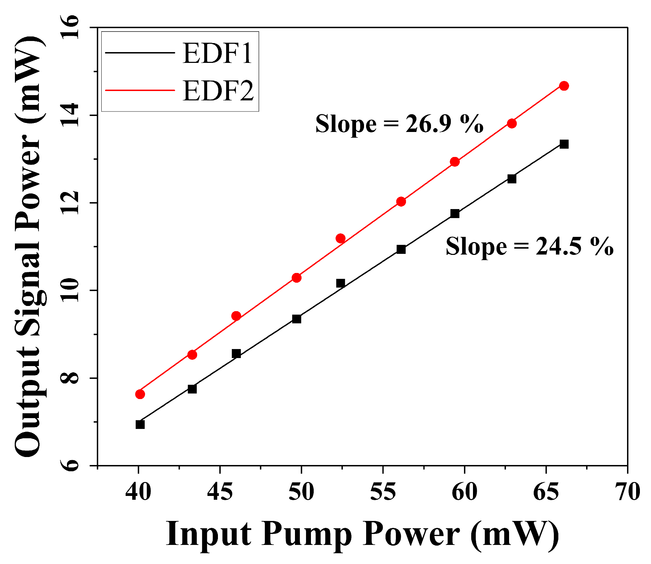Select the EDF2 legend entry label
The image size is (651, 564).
pos(218,91)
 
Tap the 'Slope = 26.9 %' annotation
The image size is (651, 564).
pos(399,124)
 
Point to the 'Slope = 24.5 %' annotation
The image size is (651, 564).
pos(530,247)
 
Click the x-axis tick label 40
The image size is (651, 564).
pos(138,492)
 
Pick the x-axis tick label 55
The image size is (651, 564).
pos(383,492)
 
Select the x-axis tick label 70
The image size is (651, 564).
pos(627,492)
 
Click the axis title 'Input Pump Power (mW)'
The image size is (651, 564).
pos(362,535)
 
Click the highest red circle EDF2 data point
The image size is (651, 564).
pos(564,86)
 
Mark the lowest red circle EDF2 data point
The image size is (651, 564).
pos(140,394)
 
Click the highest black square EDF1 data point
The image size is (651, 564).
pos(564,144)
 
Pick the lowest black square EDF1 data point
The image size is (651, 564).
pos(140,424)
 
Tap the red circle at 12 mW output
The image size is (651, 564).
pos(401,201)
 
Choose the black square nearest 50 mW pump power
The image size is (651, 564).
pos(296,319)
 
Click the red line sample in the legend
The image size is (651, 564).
pos(140,90)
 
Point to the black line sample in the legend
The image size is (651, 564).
pos(140,53)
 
